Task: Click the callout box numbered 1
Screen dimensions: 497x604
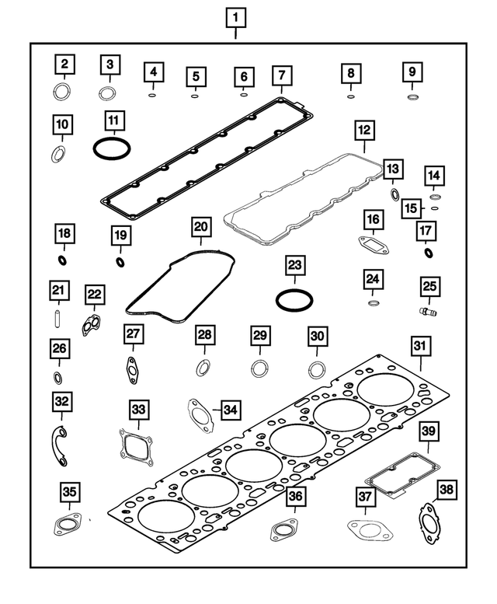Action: (235, 18)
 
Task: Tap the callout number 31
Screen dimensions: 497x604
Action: (419, 345)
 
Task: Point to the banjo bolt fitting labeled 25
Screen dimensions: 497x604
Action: (428, 311)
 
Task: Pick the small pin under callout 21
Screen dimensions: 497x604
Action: (57, 319)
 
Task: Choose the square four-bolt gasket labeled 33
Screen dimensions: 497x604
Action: (135, 447)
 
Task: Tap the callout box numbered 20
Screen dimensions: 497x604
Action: (201, 227)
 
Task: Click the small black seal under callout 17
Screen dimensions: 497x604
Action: (428, 253)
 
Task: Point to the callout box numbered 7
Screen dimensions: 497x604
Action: (282, 75)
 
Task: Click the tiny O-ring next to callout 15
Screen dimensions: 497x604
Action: (435, 208)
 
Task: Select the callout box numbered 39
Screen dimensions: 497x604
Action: (429, 431)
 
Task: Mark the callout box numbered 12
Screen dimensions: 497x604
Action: (364, 130)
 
